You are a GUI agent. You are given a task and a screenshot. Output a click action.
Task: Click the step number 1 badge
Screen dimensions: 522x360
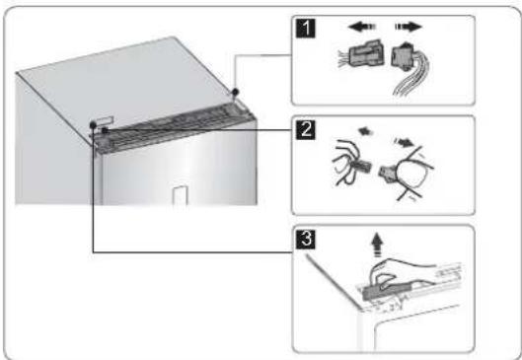point(305,28)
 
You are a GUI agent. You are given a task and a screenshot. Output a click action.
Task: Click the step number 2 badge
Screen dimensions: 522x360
point(305,129)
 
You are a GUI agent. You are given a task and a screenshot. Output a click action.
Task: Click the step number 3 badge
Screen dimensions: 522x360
point(305,239)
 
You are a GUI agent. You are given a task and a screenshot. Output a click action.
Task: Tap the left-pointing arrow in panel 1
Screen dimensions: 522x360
point(361,27)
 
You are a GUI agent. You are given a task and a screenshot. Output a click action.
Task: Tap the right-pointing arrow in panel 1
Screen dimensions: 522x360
point(409,27)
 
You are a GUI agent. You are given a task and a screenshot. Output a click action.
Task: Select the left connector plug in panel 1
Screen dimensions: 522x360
point(365,53)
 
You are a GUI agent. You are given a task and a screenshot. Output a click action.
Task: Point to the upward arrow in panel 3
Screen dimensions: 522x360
point(377,245)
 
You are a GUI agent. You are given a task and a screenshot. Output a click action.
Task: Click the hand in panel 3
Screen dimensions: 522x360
point(400,273)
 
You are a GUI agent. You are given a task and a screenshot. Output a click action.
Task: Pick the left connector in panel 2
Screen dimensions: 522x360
point(362,166)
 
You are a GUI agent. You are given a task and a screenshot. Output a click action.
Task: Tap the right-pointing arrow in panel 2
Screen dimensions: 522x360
point(405,142)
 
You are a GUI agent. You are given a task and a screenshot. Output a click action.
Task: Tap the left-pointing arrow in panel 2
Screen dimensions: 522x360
point(365,132)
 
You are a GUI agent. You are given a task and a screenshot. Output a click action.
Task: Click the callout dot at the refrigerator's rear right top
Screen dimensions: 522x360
point(236,91)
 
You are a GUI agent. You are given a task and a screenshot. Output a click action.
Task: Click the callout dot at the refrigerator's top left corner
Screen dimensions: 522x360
point(93,125)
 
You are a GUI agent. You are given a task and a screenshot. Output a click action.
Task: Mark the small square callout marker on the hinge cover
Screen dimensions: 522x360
point(105,131)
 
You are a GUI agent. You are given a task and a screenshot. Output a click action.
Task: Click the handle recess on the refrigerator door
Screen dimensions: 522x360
point(181,195)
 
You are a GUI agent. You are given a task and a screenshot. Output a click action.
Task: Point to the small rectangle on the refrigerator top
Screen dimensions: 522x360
point(105,119)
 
